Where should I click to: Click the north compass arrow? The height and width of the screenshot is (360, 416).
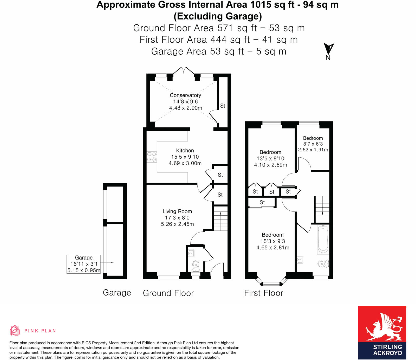tap(329, 49)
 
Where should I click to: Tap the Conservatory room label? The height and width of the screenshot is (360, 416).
tap(185, 95)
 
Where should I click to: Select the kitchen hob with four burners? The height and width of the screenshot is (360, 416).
tap(152, 157)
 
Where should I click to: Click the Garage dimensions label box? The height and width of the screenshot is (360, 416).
tap(83, 264)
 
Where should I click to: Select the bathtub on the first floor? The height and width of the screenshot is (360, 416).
tap(323, 240)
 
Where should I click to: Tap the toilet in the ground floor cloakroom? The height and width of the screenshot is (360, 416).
tap(195, 266)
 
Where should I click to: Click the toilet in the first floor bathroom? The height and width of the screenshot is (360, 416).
tap(323, 264)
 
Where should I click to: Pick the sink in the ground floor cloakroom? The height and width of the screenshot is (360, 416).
tap(191, 253)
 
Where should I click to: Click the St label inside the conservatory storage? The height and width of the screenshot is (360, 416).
tap(223, 106)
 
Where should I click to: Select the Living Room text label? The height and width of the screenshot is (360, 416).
tap(177, 211)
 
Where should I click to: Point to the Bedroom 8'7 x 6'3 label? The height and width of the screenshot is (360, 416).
tap(313, 144)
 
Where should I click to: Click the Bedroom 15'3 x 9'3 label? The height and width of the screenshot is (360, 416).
tap(272, 241)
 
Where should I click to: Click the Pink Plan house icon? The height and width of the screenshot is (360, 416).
tap(15, 330)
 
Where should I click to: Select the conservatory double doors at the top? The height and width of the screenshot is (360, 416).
tap(184, 70)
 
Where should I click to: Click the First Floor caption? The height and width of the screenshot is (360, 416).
tap(263, 293)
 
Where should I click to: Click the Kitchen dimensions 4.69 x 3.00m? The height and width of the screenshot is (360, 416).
tap(185, 163)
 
